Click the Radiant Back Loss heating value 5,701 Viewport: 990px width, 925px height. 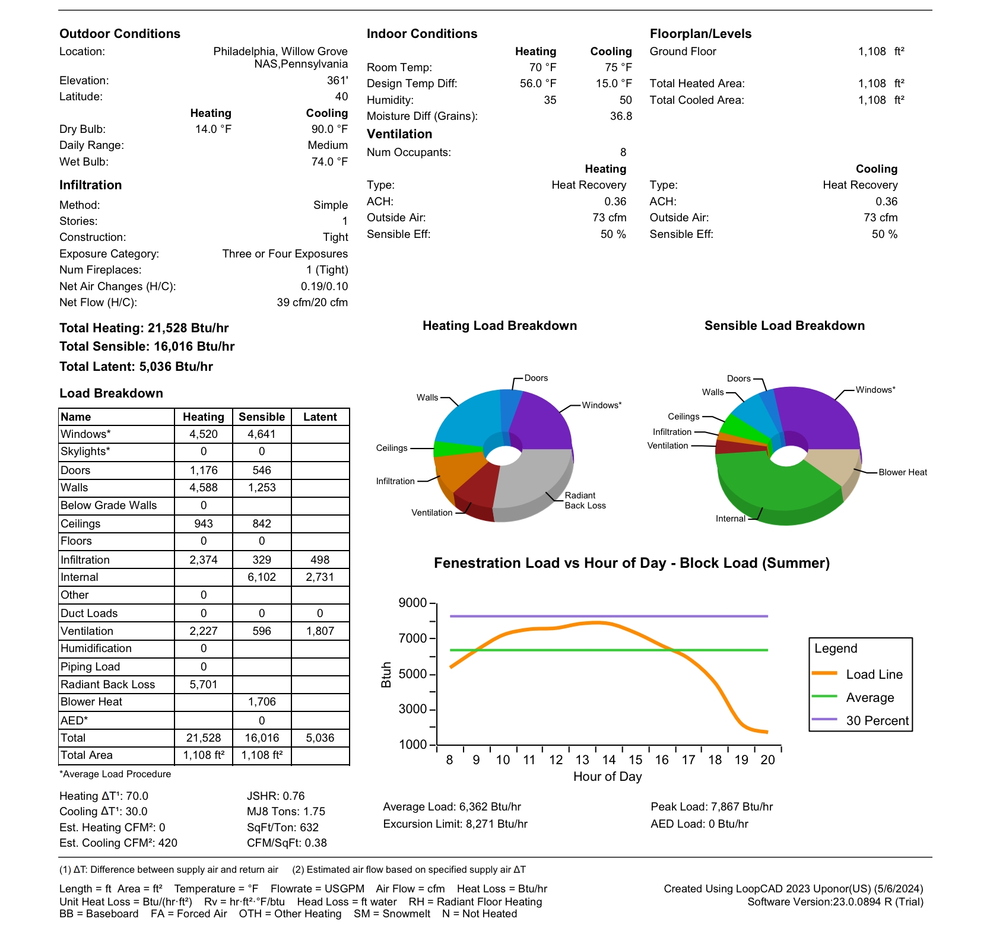pyautogui.click(x=204, y=684)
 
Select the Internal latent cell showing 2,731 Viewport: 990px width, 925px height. pyautogui.click(x=320, y=577)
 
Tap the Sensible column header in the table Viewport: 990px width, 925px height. pyautogui.click(x=262, y=417)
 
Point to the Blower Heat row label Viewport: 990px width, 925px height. pyautogui.click(x=91, y=701)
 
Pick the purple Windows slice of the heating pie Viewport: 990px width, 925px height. pyautogui.click(x=540, y=421)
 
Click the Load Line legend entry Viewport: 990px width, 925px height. pyautogui.click(x=874, y=674)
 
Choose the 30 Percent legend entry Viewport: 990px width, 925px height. pyautogui.click(x=877, y=720)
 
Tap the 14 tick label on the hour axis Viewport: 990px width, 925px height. pyautogui.click(x=609, y=760)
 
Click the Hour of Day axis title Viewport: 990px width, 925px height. pyautogui.click(x=607, y=777)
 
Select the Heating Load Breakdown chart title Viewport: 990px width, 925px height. pyautogui.click(x=500, y=326)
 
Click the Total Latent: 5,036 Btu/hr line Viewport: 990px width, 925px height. pyautogui.click(x=136, y=367)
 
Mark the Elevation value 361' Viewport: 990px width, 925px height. pyautogui.click(x=337, y=81)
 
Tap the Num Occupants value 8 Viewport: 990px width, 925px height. pyautogui.click(x=623, y=152)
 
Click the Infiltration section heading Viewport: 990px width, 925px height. pyautogui.click(x=90, y=185)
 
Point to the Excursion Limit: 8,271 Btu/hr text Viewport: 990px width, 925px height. pyautogui.click(x=455, y=824)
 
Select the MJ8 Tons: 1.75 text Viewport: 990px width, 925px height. pyautogui.click(x=286, y=811)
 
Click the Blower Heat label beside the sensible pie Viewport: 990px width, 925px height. pyautogui.click(x=902, y=472)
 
